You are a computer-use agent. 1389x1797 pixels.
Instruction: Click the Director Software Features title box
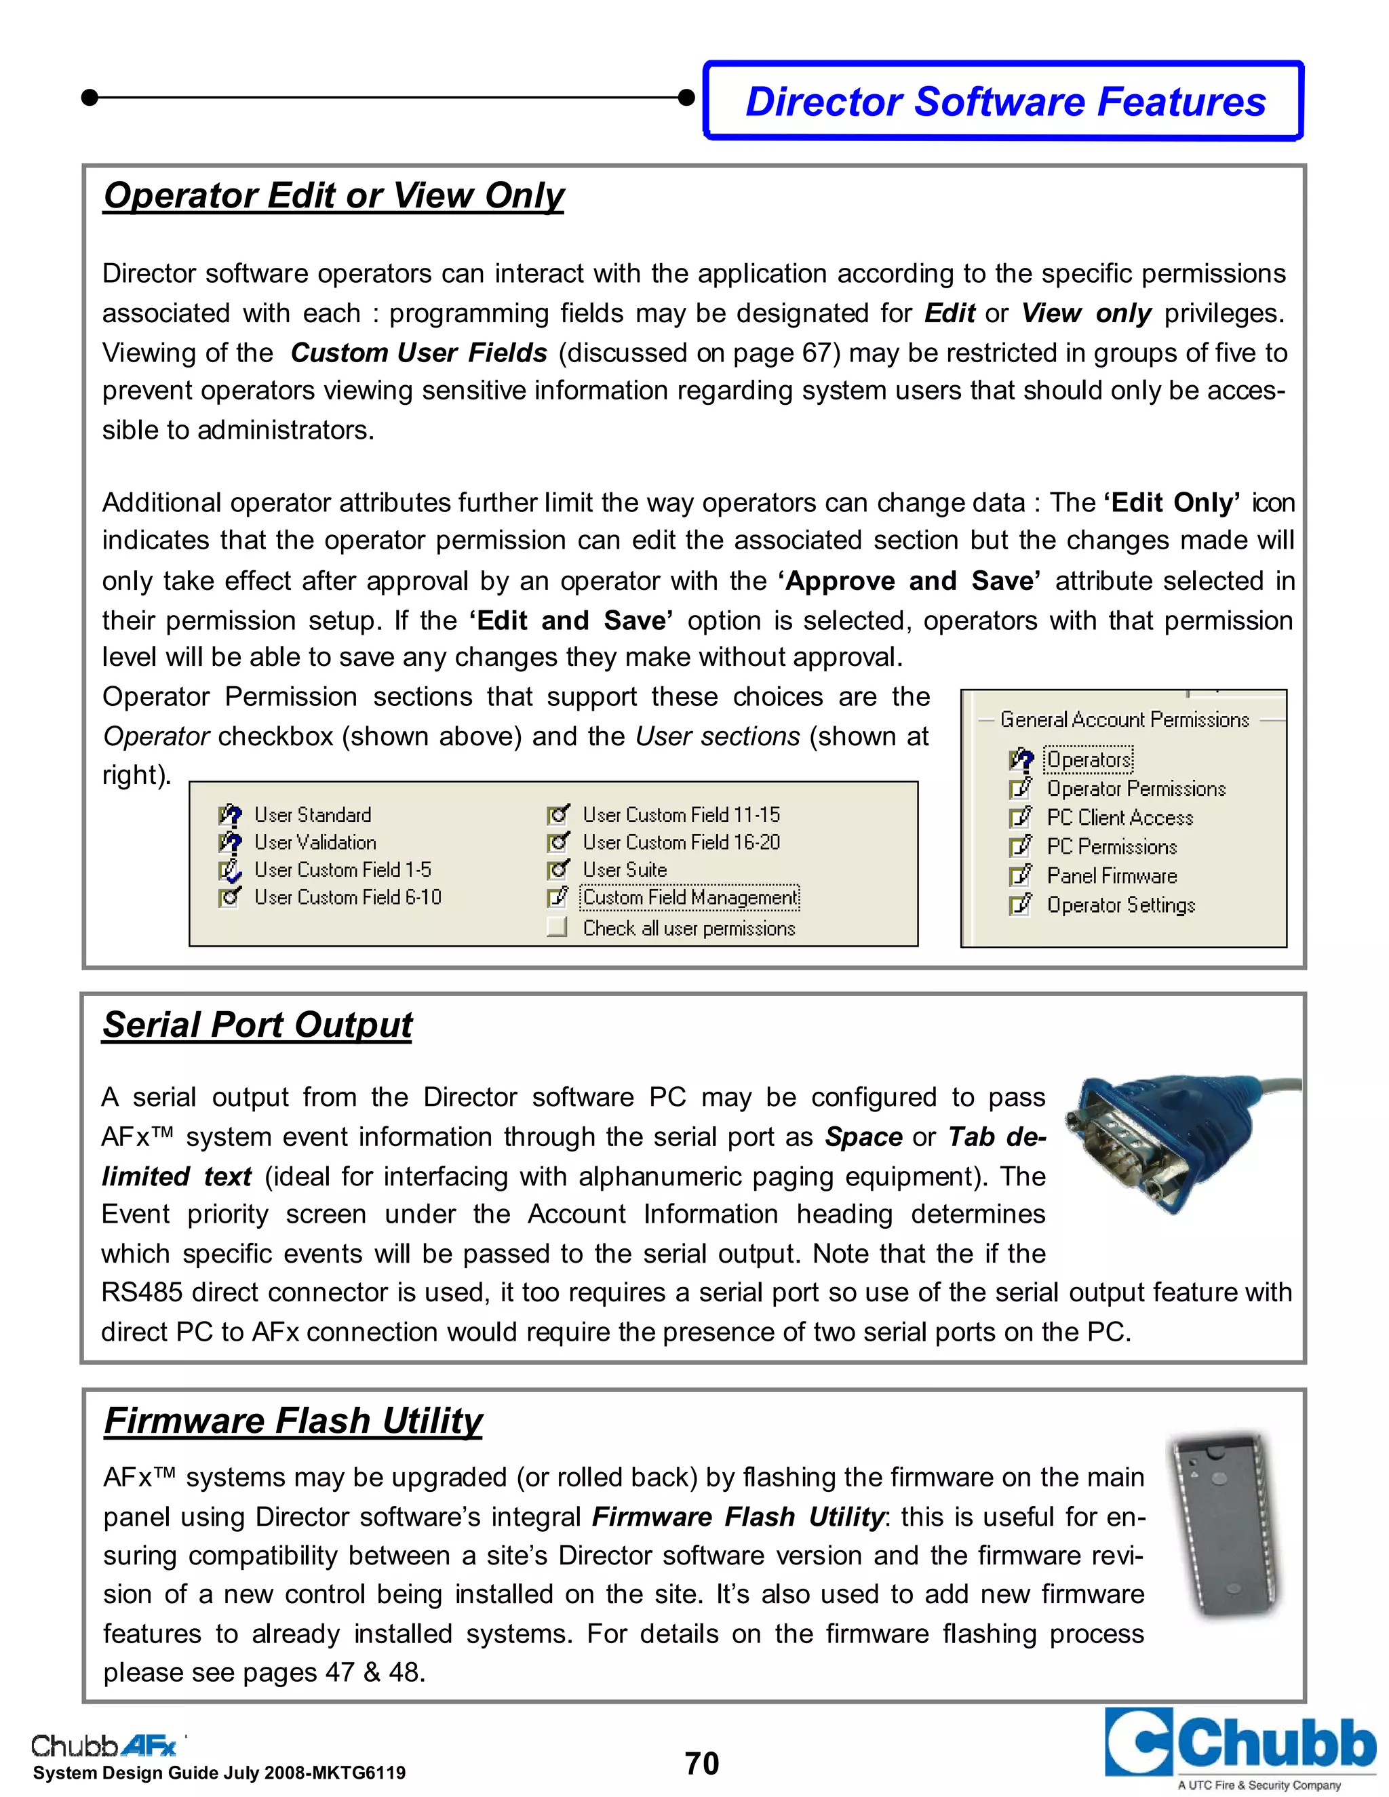[1004, 101]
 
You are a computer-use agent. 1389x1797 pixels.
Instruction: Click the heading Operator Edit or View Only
[333, 196]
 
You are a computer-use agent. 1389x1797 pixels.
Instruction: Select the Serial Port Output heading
[257, 1025]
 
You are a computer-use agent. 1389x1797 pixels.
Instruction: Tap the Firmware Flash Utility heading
[293, 1421]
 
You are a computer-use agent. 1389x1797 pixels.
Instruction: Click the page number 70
[701, 1764]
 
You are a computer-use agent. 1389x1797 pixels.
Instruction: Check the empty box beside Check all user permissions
[557, 927]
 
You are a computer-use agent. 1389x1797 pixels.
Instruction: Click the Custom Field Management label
[690, 897]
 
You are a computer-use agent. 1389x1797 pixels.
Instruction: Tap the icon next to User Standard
[230, 815]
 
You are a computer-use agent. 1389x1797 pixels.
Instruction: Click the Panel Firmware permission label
[1111, 876]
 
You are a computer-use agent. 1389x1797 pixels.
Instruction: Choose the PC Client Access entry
[1119, 818]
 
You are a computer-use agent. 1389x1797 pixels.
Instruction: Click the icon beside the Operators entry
[1020, 759]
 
